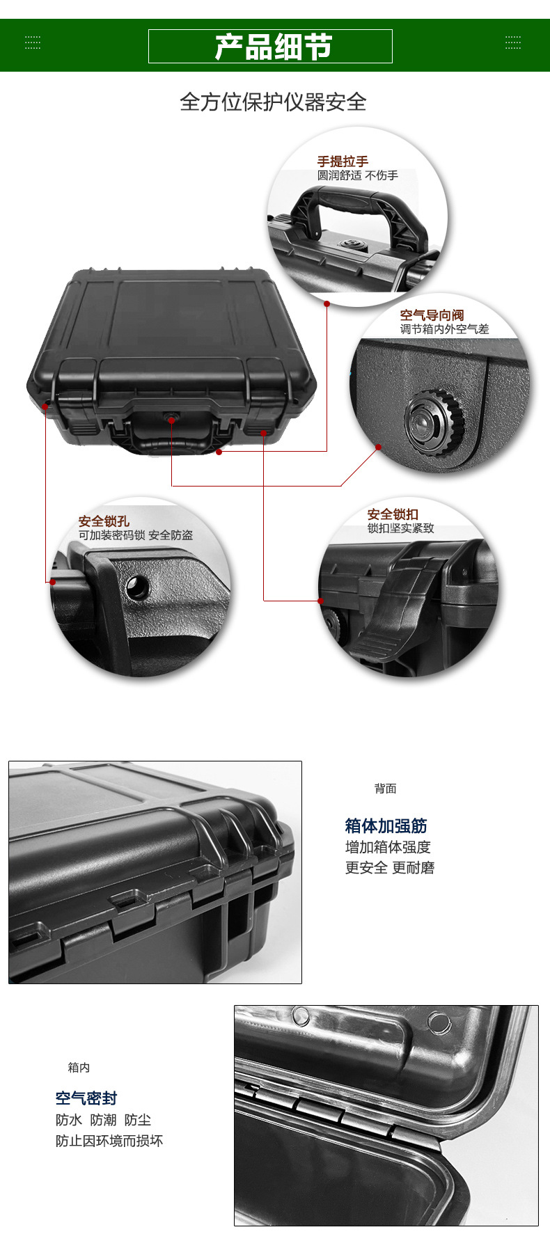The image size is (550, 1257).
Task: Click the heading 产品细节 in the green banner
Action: point(273,47)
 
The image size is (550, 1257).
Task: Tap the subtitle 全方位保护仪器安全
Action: point(273,102)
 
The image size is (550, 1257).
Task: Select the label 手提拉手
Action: point(343,161)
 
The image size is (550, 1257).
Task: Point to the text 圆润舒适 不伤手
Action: point(358,175)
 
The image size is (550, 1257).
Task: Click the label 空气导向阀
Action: point(432,315)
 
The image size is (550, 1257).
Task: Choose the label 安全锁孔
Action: point(104,521)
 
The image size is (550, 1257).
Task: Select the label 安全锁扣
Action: point(393,514)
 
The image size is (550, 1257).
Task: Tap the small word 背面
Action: point(385,789)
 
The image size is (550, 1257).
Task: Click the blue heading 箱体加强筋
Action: point(386,826)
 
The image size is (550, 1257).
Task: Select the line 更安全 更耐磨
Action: point(390,868)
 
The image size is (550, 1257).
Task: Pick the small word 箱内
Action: point(79,1068)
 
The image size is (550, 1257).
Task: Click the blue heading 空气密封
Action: point(86,1098)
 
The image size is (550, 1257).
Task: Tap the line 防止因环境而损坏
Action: point(109,1141)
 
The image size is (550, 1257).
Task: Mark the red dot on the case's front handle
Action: point(219,452)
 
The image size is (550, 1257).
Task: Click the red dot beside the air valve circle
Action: point(378,447)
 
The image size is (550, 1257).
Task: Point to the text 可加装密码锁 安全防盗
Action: point(136,535)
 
